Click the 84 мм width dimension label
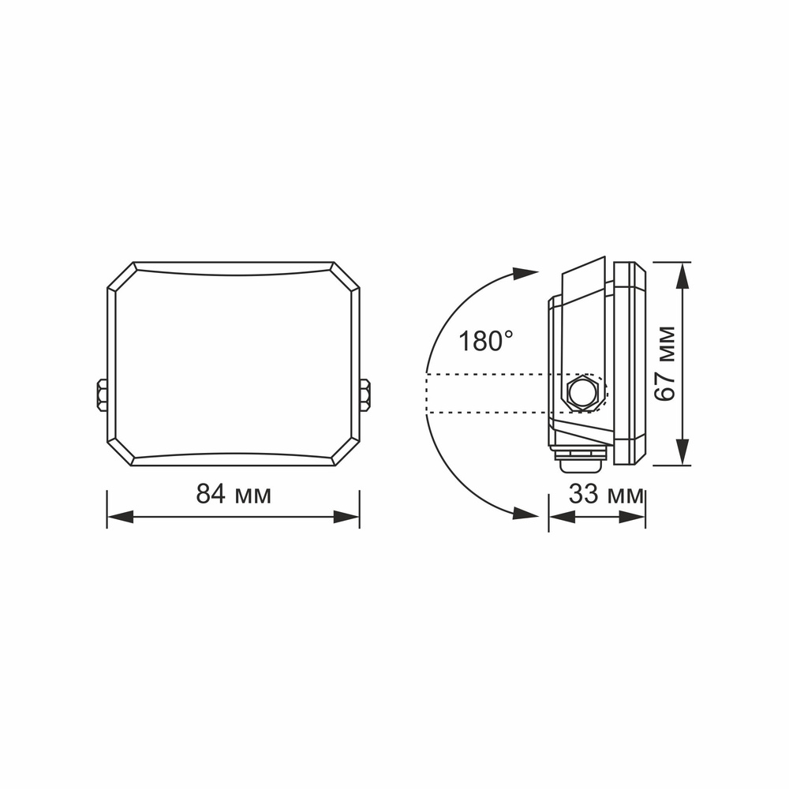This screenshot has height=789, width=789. click(x=234, y=495)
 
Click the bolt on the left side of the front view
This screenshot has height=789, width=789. click(x=101, y=394)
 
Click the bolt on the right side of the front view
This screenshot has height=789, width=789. click(x=365, y=394)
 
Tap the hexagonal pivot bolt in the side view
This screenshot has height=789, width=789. click(x=582, y=391)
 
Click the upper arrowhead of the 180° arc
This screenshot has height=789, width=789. click(x=525, y=273)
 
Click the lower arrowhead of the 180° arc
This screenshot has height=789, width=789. click(x=525, y=513)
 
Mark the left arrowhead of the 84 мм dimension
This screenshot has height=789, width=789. click(x=119, y=517)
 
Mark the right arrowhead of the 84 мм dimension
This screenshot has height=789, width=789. click(x=347, y=517)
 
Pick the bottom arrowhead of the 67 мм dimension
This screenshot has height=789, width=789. click(x=683, y=453)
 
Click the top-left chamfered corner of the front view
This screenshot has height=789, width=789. click(x=121, y=277)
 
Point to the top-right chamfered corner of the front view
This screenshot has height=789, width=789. click(x=346, y=277)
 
